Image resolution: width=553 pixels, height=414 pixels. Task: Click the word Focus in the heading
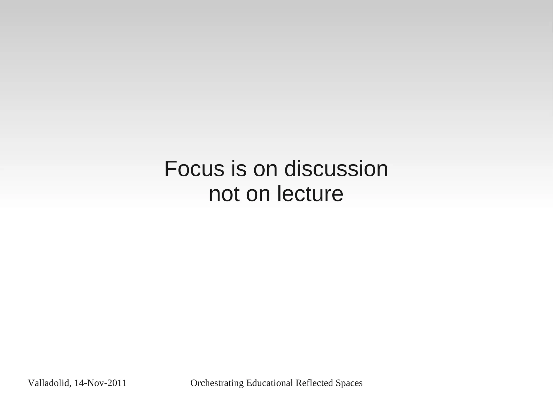(x=194, y=169)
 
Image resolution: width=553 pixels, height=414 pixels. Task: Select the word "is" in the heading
(x=239, y=169)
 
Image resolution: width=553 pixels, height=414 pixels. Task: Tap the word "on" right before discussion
(x=265, y=169)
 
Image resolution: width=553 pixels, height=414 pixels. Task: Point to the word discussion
(x=336, y=169)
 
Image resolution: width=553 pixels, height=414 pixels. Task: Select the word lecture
(x=310, y=194)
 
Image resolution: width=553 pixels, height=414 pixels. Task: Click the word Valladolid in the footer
(x=49, y=383)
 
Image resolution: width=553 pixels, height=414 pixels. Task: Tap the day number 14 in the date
(x=79, y=383)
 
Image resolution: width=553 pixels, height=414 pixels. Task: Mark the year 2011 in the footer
(x=117, y=383)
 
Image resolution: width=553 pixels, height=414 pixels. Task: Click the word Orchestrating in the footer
(x=217, y=383)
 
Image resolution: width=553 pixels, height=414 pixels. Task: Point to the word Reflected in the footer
(x=314, y=383)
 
